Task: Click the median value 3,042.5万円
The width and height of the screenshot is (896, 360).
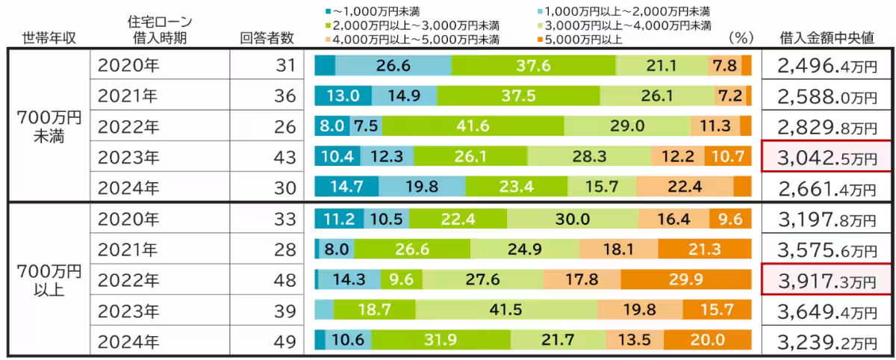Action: click(x=827, y=157)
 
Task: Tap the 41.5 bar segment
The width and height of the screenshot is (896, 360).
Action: click(x=506, y=309)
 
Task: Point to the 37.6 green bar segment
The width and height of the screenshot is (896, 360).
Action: click(x=534, y=66)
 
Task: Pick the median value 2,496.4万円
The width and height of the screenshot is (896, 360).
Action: click(x=827, y=66)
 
